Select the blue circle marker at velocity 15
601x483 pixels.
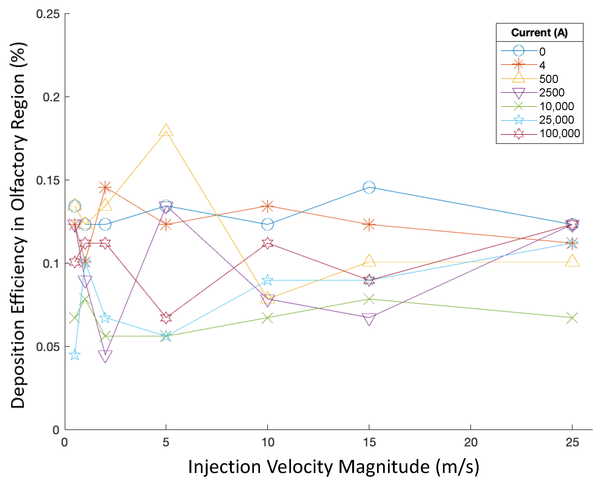[369, 187]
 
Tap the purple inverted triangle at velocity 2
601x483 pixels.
[105, 356]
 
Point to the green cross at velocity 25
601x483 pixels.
[572, 318]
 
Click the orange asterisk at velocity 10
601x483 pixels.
[267, 206]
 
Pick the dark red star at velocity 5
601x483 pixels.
[166, 318]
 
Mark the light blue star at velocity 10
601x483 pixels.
[267, 280]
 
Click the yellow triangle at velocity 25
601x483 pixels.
[572, 261]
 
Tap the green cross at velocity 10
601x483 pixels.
[267, 318]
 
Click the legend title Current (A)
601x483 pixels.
[539, 33]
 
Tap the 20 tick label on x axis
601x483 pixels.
[471, 442]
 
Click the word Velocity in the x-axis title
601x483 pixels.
[300, 467]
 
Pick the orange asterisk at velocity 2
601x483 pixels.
[105, 187]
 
